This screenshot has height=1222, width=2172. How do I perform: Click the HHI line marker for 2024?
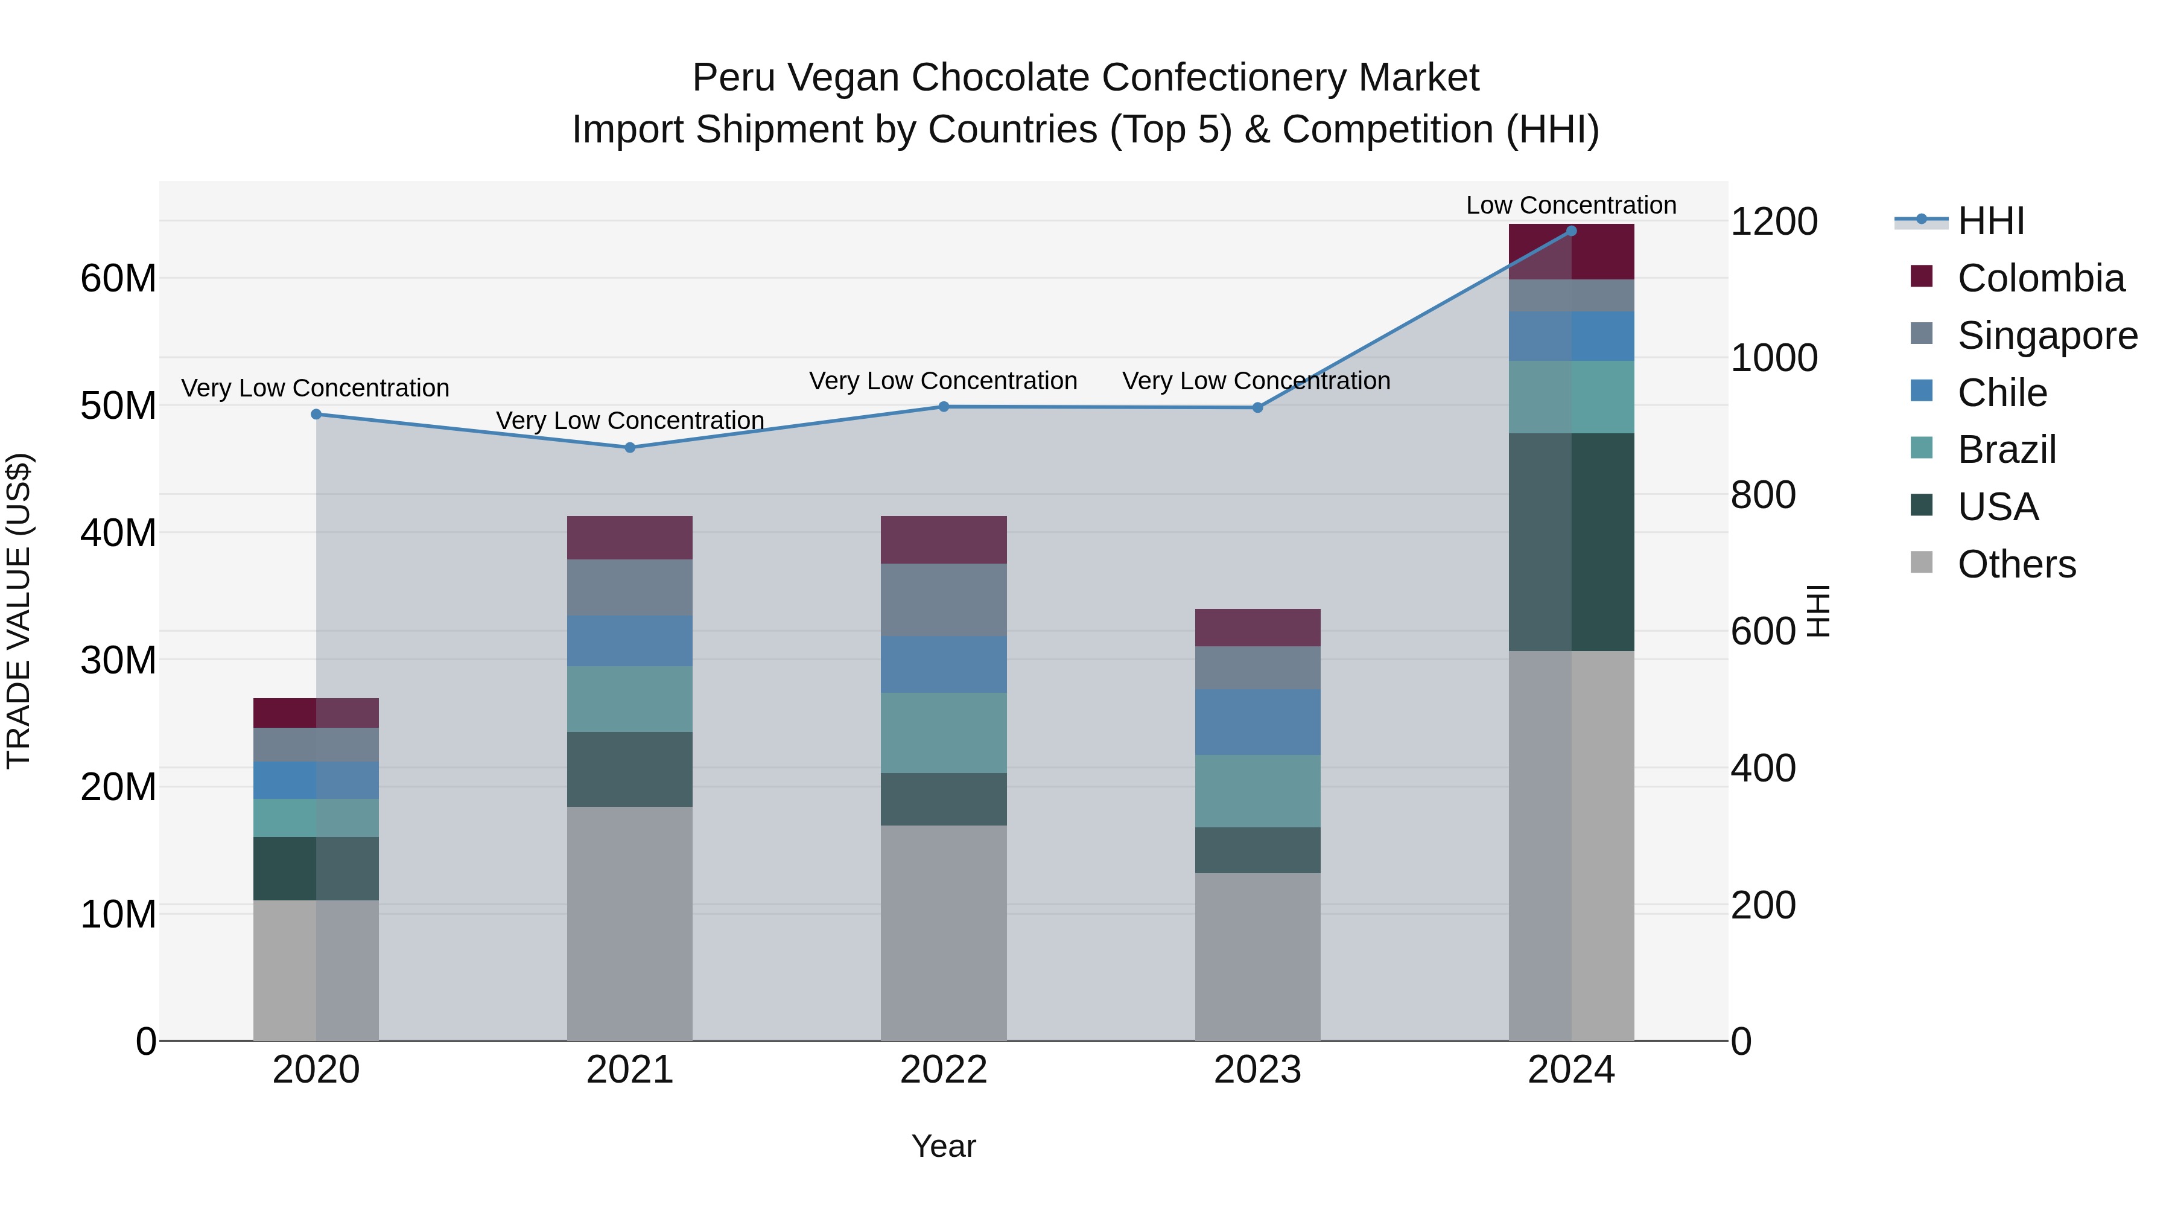pos(1571,231)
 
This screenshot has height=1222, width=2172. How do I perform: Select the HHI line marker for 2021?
pos(630,448)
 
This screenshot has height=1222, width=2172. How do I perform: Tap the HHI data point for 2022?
pos(944,407)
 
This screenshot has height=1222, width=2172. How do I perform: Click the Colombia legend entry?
pos(2040,278)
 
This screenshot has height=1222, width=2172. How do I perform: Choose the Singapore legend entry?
pos(2047,336)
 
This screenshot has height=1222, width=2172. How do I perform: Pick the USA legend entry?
pos(1998,507)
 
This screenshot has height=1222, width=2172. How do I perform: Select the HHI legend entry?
pos(1990,221)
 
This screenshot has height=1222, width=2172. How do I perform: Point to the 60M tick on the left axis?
pos(118,278)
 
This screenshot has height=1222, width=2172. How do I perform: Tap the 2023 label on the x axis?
pos(1257,1070)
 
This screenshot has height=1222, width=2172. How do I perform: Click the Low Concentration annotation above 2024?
pos(1571,205)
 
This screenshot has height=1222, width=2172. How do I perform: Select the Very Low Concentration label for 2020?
pos(316,388)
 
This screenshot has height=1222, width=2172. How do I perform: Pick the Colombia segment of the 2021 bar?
pos(630,537)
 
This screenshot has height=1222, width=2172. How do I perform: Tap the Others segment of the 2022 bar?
pos(944,932)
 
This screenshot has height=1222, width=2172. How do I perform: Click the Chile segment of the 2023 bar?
pos(1257,722)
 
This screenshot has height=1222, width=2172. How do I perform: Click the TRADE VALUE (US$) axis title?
pos(19,611)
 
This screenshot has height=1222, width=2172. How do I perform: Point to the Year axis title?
pos(944,1146)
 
